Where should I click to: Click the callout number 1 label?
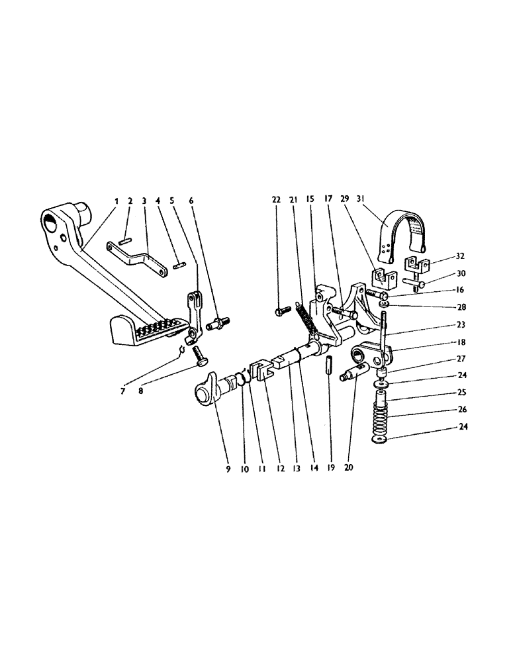coord(116,199)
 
